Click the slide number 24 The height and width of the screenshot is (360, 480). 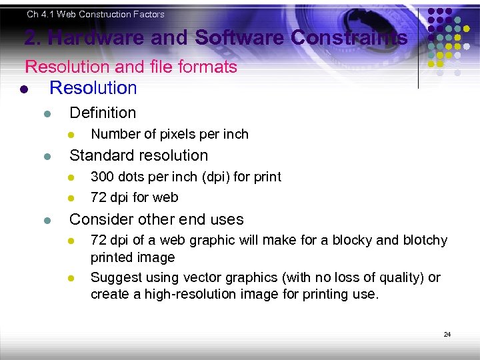point(447,334)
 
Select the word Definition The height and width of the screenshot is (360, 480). point(103,113)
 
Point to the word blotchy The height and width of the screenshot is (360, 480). point(425,240)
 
